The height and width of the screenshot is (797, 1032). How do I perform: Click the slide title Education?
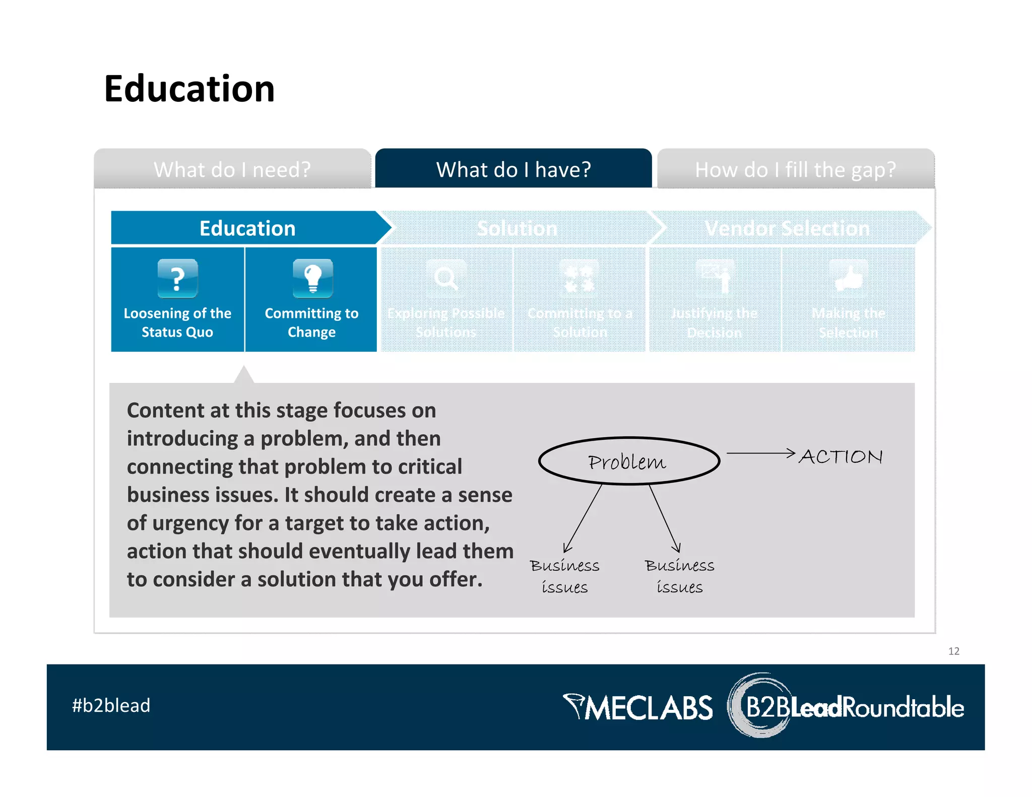click(x=189, y=89)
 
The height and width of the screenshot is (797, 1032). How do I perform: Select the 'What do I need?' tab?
click(x=232, y=169)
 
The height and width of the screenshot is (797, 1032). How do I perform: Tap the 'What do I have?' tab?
click(x=513, y=169)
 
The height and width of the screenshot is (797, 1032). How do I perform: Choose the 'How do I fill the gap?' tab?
click(x=795, y=169)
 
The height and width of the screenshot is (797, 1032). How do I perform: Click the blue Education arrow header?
click(x=247, y=228)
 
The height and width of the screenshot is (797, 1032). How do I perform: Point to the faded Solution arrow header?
click(x=517, y=228)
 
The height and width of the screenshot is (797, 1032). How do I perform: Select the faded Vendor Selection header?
click(x=787, y=228)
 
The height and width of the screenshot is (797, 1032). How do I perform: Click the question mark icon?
click(x=177, y=278)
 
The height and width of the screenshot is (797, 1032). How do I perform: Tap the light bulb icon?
click(x=312, y=278)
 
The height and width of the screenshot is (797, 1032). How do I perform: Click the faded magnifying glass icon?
click(x=446, y=278)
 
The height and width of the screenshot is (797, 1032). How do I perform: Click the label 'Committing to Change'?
click(x=311, y=322)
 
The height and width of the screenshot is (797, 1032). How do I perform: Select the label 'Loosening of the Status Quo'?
click(x=177, y=322)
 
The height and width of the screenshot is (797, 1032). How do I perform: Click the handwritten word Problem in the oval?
click(x=627, y=461)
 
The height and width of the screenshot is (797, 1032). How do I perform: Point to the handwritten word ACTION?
click(x=841, y=456)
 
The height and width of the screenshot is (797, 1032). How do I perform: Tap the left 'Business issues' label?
click(x=564, y=576)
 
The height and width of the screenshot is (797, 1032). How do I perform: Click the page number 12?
click(x=953, y=651)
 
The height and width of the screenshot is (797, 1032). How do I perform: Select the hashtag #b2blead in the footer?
click(x=111, y=705)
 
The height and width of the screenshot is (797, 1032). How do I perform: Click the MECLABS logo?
click(x=638, y=707)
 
